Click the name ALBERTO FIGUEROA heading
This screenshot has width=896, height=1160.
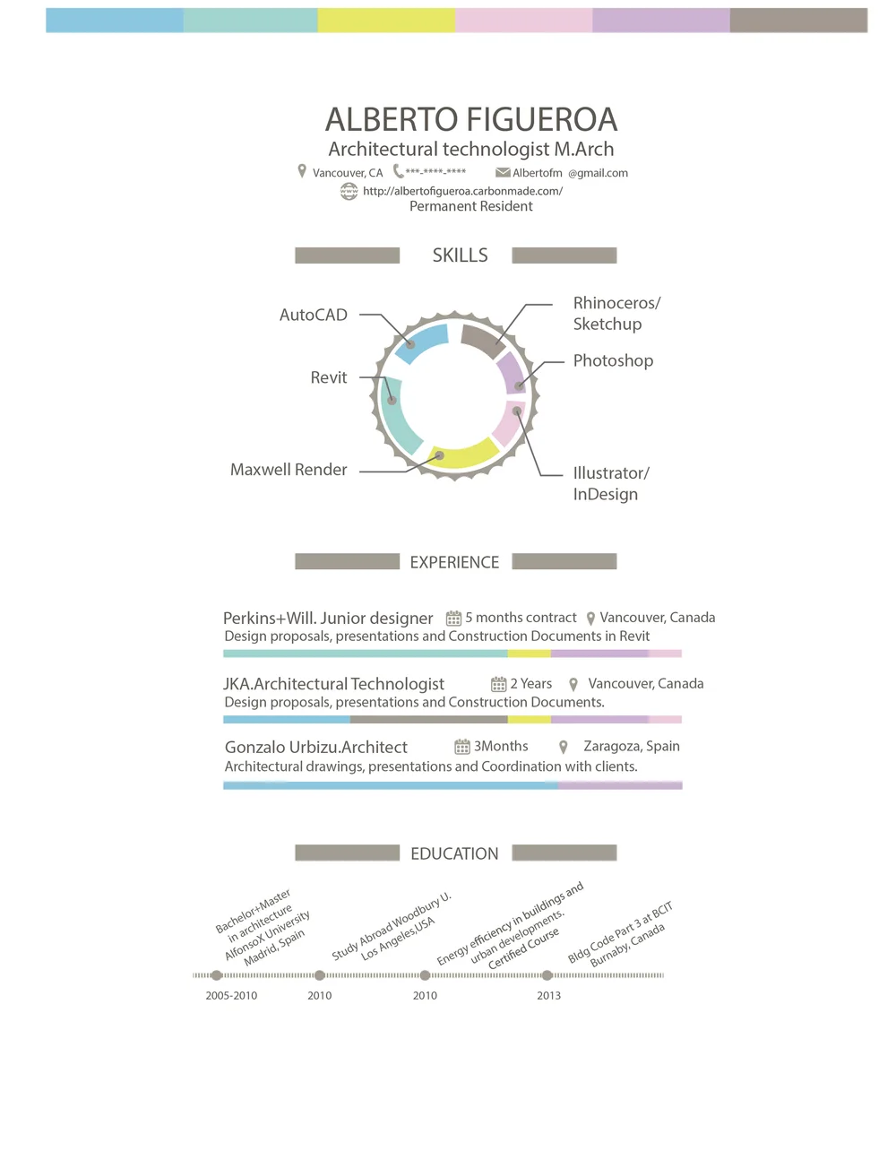tap(471, 119)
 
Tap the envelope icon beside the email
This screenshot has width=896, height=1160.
tap(503, 172)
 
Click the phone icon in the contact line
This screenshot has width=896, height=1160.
tap(398, 170)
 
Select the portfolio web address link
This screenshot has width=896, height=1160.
tap(462, 190)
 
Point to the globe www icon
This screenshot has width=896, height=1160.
tap(349, 191)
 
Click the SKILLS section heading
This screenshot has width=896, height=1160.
tap(460, 255)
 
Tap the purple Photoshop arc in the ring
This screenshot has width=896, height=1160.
tap(512, 372)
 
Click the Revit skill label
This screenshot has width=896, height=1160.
tap(328, 377)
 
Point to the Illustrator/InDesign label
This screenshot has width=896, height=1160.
tap(610, 483)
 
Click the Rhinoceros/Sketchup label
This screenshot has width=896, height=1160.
tap(616, 313)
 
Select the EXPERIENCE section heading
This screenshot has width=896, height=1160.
tap(454, 562)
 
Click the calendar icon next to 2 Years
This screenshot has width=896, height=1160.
tap(498, 684)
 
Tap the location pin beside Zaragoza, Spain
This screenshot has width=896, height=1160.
tap(564, 747)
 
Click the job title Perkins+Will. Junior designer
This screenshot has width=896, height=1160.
tap(328, 618)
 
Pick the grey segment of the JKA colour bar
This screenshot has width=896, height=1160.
tap(428, 719)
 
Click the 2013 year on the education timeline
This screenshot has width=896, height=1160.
tap(548, 995)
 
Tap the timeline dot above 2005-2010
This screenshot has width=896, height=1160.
tap(216, 975)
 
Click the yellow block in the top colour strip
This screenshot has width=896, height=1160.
tap(386, 20)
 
